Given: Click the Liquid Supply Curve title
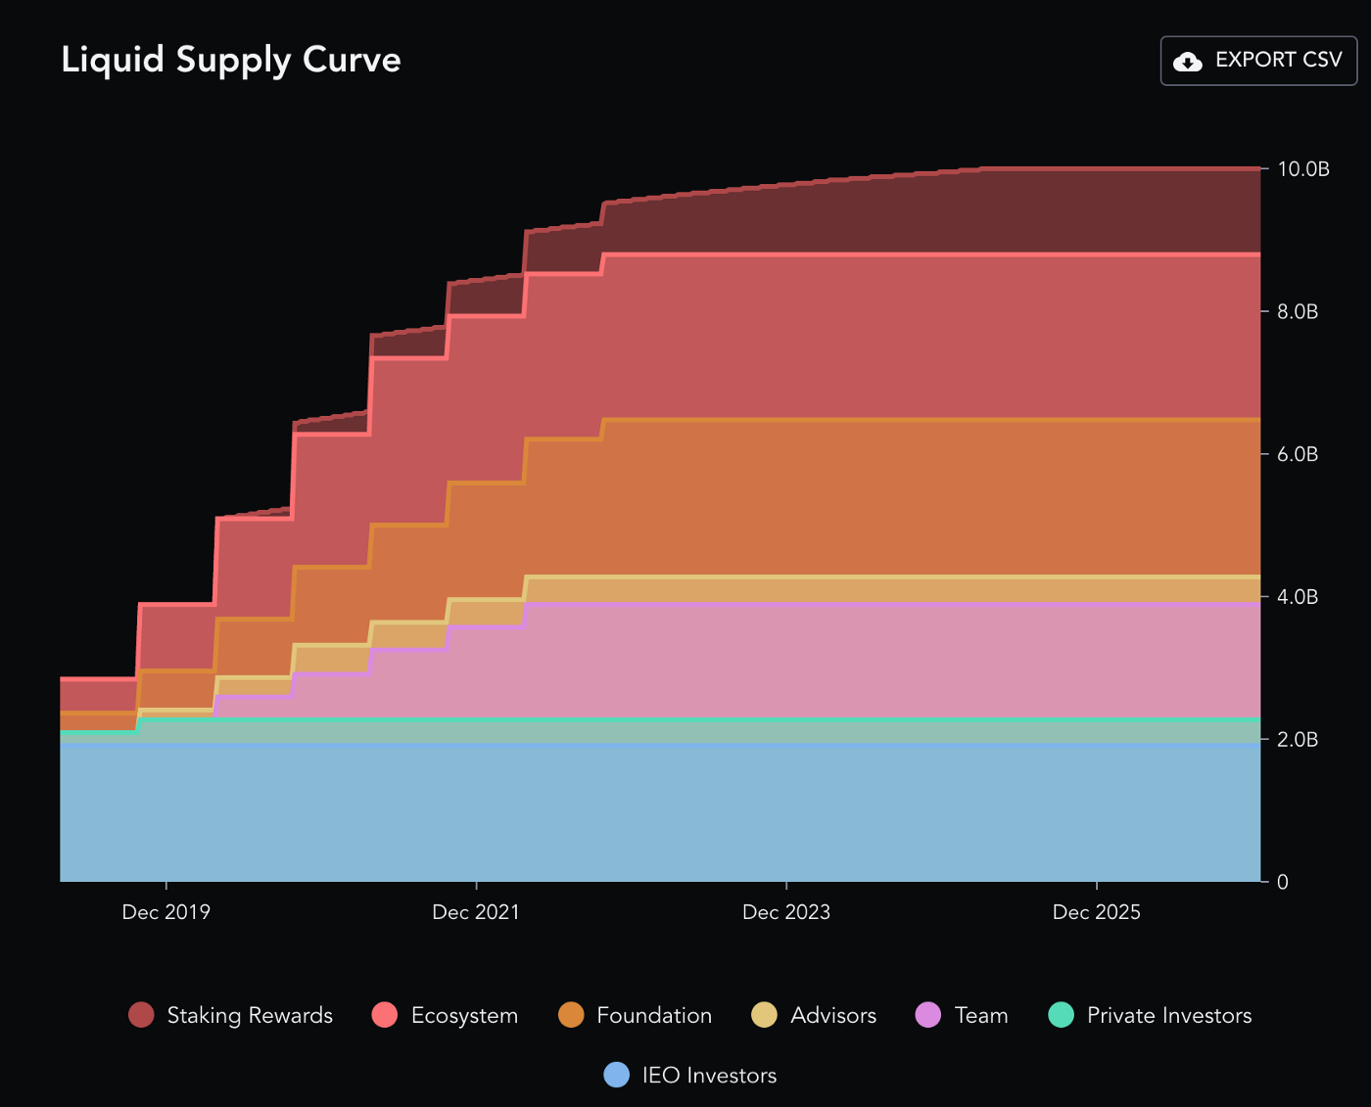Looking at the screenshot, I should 231,60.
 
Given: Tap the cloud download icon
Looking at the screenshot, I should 1188,62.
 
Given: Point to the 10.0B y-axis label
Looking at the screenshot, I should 1303,169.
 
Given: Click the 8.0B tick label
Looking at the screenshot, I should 1298,312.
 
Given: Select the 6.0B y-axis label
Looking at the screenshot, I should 1298,454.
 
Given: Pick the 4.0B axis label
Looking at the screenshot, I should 1298,597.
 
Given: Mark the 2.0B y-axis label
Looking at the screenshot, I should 1298,740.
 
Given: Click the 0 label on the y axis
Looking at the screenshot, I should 1283,882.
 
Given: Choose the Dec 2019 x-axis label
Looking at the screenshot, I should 165,912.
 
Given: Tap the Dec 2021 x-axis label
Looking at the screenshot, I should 476,912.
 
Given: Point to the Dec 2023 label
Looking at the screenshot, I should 786,912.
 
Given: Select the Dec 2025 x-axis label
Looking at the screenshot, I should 1097,912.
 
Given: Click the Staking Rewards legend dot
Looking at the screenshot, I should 142,1015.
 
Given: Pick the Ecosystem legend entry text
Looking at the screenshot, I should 464,1016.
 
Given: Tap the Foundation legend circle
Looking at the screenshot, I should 571,1015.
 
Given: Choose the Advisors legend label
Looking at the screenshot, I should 833,1016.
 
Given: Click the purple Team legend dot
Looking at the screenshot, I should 928,1015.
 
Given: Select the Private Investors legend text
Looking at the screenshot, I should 1169,1016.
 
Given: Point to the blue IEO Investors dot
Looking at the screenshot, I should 617,1075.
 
